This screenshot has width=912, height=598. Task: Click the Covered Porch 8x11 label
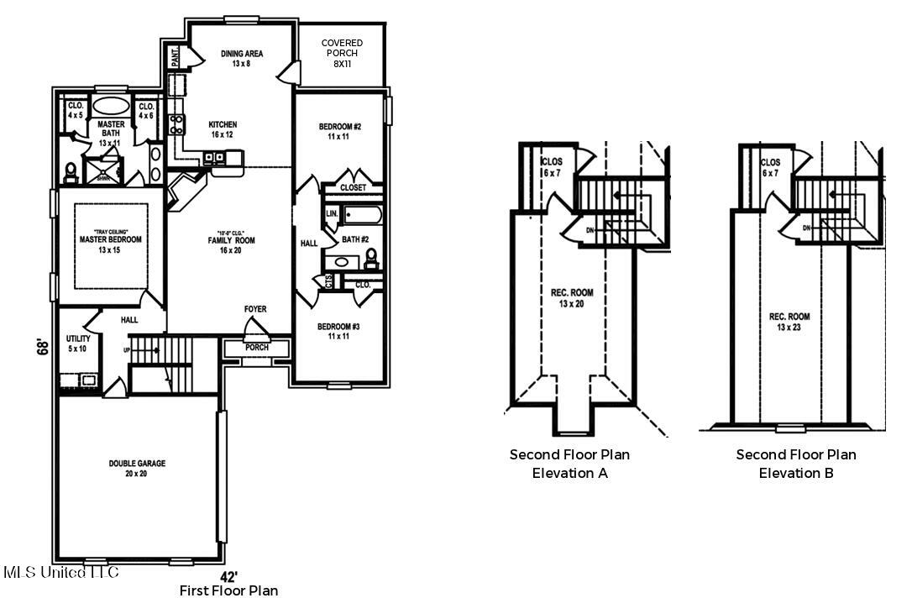pos(342,53)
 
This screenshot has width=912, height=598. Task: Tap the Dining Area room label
pos(242,59)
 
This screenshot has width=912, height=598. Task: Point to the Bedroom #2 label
pos(339,131)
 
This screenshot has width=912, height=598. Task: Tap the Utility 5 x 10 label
pos(78,344)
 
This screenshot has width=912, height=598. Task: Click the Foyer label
pos(255,309)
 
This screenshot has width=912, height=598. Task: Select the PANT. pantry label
pos(175,57)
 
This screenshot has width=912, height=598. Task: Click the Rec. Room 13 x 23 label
pos(789,322)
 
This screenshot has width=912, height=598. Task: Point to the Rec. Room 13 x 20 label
pos(572,298)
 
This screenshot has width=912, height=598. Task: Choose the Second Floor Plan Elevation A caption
pos(569,464)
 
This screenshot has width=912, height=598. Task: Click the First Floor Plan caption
pos(228,590)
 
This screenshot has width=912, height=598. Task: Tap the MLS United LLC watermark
pos(61,573)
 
